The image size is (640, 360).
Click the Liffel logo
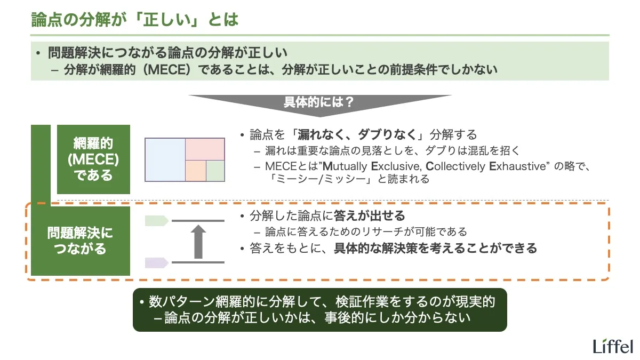click(613, 346)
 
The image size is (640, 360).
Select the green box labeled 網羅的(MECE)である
click(93, 159)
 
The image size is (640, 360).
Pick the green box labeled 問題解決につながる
click(80, 241)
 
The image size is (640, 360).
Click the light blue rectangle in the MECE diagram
click(165, 159)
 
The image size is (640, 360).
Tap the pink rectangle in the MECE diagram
click(205, 149)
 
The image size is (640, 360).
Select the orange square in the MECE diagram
click(195, 171)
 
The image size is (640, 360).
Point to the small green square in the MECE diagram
click(215, 171)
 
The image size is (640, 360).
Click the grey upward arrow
click(198, 242)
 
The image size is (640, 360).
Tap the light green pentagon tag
click(157, 220)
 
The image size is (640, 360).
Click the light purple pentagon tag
click(157, 262)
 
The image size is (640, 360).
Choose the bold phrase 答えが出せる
click(369, 216)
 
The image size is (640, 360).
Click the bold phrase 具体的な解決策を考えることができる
click(435, 248)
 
